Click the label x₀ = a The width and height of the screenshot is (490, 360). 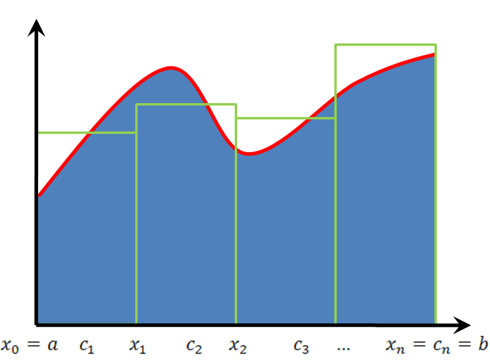point(29,345)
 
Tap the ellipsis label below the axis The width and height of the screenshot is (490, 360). point(343,347)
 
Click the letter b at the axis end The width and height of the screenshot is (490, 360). point(481,344)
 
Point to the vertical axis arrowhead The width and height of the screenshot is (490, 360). point(37,28)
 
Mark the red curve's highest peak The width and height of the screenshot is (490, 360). point(171,67)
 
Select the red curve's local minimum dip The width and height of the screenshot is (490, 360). point(249,153)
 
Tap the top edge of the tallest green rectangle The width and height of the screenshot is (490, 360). point(385,45)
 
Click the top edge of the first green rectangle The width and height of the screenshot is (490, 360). point(87,132)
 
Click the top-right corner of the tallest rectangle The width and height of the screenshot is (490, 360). point(435,45)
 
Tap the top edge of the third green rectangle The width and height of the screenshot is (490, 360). point(285,118)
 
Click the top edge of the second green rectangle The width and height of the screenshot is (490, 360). point(186,104)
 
